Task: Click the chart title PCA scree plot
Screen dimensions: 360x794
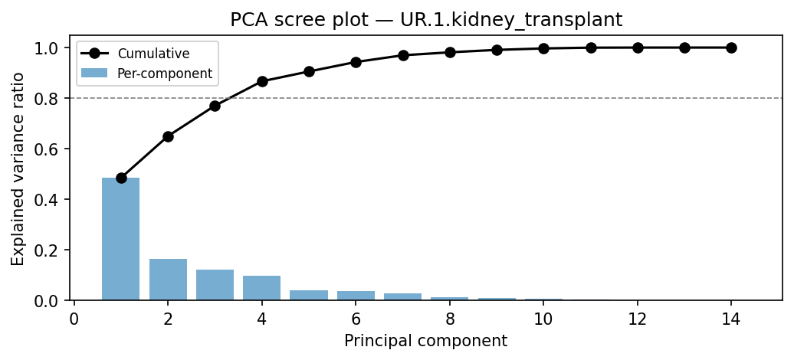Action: pos(426,20)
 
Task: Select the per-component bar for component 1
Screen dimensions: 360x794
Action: pos(121,239)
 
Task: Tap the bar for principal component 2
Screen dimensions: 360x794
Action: pos(168,280)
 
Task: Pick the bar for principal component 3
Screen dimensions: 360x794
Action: pos(215,285)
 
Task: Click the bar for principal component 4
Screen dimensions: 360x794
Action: pos(262,288)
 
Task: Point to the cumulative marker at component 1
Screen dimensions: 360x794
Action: pos(121,178)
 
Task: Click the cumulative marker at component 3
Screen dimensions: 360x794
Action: pos(215,106)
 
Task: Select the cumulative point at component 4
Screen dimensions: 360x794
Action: pos(262,81)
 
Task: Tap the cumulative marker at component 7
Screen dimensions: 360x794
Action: pos(403,55)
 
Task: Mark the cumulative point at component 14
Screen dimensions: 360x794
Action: pos(731,47)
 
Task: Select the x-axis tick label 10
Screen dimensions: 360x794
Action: pos(543,317)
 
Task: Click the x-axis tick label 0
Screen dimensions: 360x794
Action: pos(74,317)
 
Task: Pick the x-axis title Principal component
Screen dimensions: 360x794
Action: pos(425,341)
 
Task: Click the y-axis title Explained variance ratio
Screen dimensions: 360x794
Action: pos(18,169)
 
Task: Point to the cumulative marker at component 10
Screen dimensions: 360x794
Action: pos(543,48)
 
